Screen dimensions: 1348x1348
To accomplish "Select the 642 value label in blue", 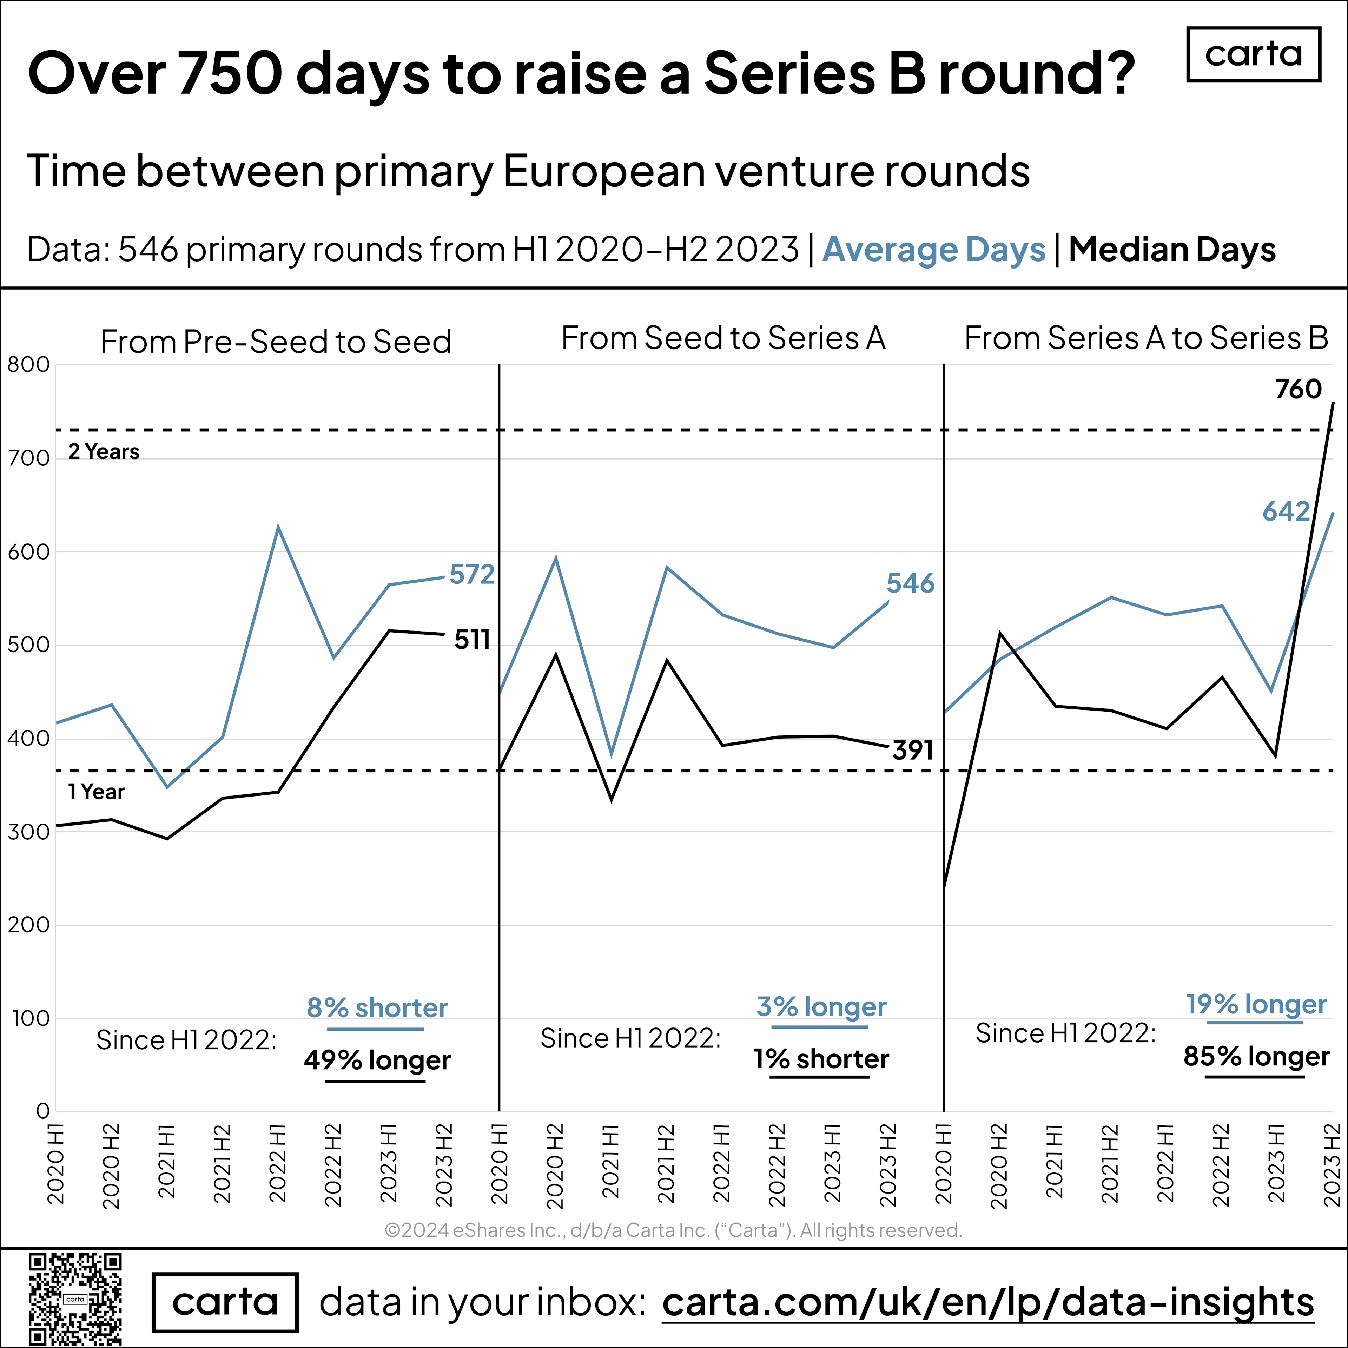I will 1286,511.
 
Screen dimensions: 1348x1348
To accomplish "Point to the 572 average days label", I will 472,574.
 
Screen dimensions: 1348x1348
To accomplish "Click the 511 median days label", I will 472,640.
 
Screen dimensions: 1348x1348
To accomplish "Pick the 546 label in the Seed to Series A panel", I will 910,583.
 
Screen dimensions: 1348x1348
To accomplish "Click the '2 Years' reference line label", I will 103,452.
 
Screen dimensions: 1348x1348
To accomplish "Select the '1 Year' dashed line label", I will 96,792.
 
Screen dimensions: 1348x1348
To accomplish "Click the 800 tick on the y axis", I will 28,365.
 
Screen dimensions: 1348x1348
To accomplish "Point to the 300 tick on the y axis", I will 28,832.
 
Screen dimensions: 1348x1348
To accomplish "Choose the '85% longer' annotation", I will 1256,1056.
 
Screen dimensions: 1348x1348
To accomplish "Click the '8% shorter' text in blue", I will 377,1007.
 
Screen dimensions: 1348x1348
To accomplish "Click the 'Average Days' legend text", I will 933,250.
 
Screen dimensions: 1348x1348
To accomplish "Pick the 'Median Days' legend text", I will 1172,250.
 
